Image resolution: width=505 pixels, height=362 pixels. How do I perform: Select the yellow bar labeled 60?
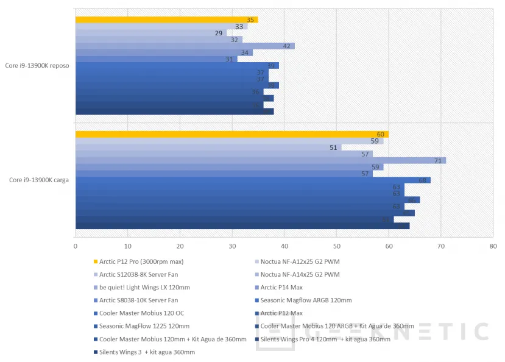coord(231,134)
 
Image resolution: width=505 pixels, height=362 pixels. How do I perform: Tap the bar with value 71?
coord(260,160)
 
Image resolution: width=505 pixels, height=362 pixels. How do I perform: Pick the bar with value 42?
coord(185,46)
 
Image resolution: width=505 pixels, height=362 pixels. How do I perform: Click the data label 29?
coord(219,33)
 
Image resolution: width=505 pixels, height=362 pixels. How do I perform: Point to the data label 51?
coord(333,147)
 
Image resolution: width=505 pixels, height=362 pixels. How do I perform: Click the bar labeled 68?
coord(253,180)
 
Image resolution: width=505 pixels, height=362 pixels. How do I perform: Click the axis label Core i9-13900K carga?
coord(38,180)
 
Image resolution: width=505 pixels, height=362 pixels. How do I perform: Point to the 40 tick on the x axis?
coord(284,246)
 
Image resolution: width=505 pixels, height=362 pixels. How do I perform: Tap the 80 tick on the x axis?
coord(493,246)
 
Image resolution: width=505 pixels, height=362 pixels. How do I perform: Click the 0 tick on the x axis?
coord(76,246)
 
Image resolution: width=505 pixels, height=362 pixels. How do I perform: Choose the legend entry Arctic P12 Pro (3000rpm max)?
coord(141,261)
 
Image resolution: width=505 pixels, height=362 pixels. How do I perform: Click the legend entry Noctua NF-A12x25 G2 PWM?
coord(300,261)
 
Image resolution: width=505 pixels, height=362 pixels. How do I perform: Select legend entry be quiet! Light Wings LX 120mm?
coord(144,287)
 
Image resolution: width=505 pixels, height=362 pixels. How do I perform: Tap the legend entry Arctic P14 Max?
coord(281,287)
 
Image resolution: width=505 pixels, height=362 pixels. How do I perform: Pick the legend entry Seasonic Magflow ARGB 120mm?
coord(306,300)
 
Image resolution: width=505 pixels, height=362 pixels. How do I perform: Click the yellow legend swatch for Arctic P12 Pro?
coord(96,261)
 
